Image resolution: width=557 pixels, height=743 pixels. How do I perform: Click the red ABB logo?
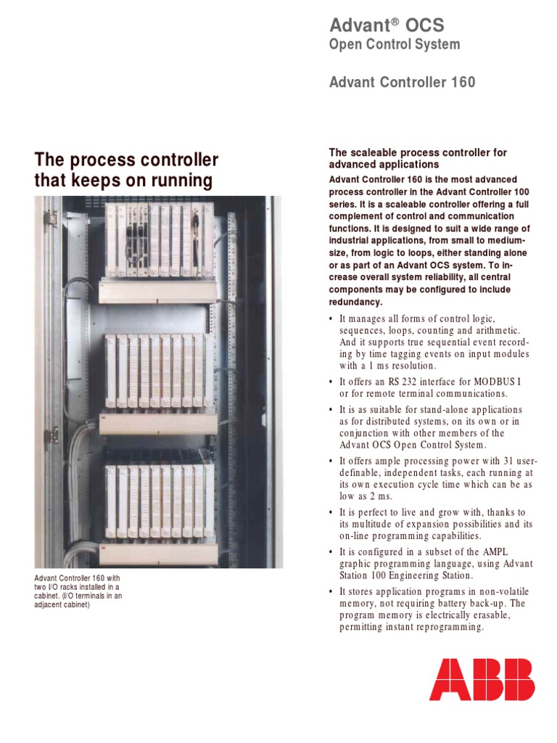point(482,679)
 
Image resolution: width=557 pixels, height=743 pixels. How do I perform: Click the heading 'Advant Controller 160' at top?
point(403,82)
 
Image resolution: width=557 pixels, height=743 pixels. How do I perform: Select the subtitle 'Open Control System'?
point(395,45)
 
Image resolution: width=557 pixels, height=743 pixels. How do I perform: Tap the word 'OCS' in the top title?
point(427,25)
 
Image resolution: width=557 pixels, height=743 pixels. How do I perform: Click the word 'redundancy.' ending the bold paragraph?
point(355,302)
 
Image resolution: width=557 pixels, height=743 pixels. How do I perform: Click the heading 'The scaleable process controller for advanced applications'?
point(418,158)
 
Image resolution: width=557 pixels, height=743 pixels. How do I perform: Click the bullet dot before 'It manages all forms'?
point(331,320)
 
